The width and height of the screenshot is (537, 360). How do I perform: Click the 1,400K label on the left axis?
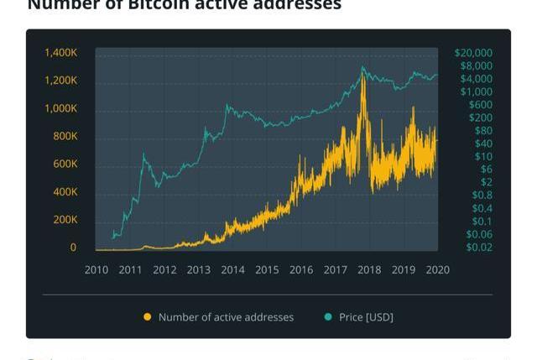[x=61, y=53]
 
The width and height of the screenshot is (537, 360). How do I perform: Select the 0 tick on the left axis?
[x=73, y=248]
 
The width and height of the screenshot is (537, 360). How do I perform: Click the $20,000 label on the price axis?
[x=473, y=53]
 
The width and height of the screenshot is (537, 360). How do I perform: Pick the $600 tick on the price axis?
[x=481, y=105]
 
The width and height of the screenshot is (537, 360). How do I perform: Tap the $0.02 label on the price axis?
[x=479, y=248]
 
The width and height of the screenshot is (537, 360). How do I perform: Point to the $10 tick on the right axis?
[x=483, y=157]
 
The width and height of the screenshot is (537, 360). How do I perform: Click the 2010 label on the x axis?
[x=96, y=270]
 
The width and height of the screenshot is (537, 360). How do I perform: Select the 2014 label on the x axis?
[x=232, y=270]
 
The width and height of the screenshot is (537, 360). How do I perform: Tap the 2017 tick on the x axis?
[x=335, y=270]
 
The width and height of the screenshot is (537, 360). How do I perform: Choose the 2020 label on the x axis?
[x=437, y=270]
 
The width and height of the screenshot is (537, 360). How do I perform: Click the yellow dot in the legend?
[x=148, y=317]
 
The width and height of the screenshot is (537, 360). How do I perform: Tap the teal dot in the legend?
[x=328, y=317]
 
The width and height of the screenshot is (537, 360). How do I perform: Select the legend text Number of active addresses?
[x=226, y=317]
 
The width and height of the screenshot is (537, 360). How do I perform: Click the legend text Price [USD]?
[x=366, y=317]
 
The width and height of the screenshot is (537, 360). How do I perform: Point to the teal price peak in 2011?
[x=143, y=154]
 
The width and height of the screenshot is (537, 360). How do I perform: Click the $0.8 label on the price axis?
[x=482, y=196]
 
